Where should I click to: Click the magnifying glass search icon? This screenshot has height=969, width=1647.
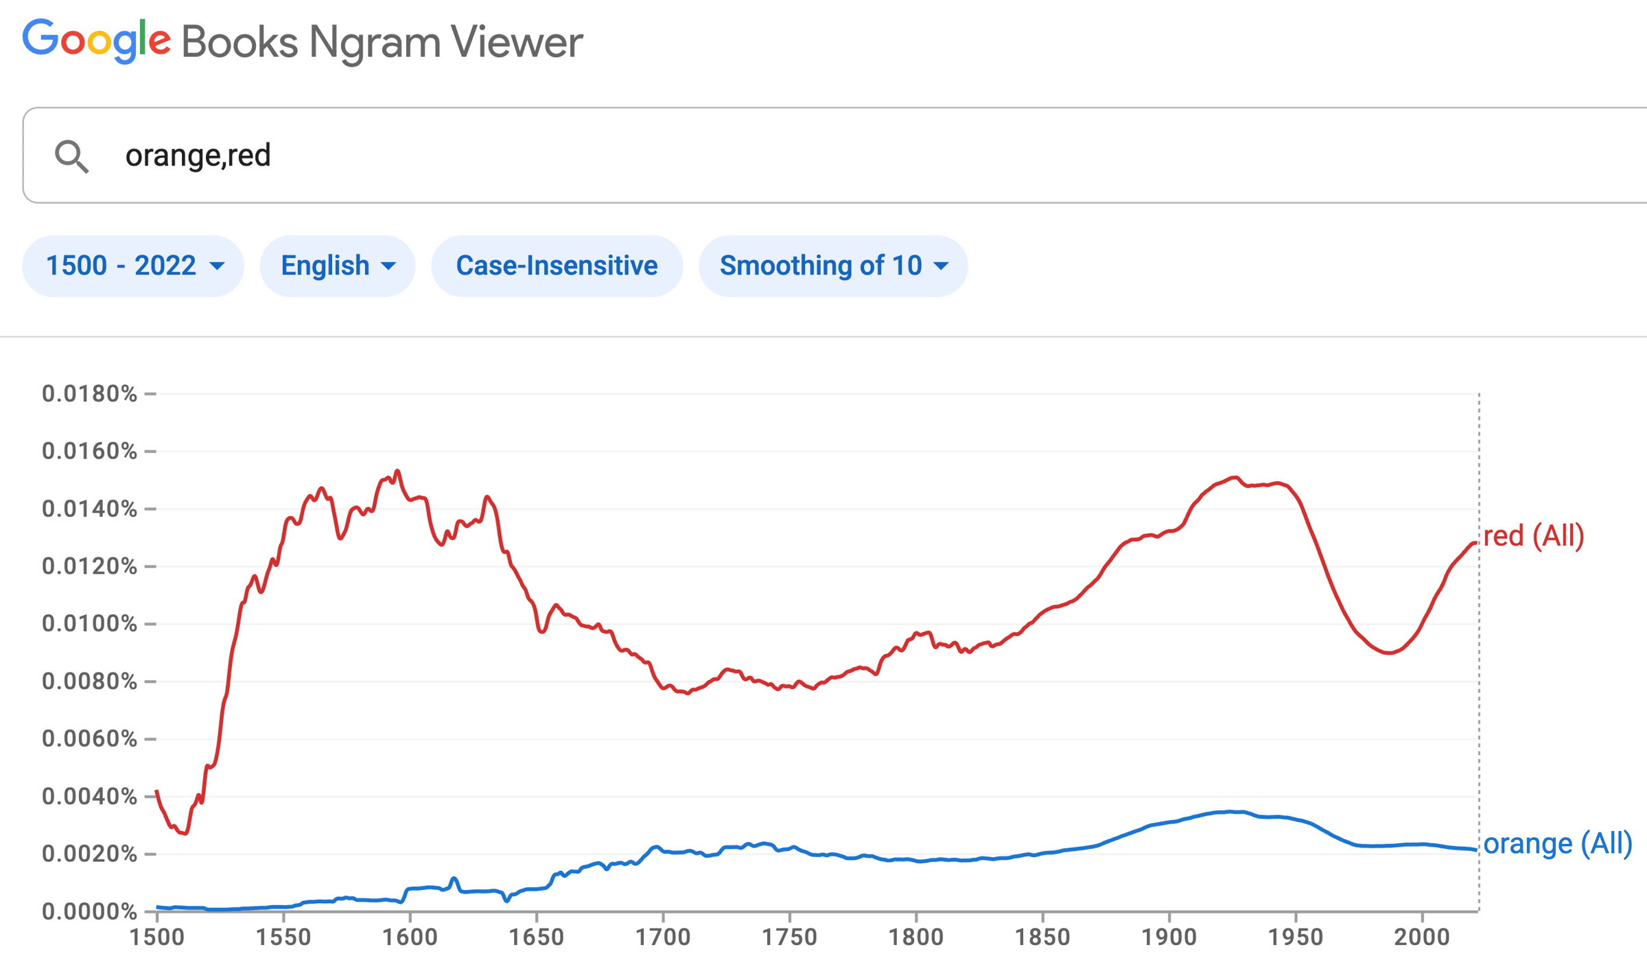coord(71,156)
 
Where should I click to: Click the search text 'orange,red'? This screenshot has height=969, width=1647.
coord(198,156)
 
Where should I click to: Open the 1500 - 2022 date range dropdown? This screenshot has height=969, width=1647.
coord(133,266)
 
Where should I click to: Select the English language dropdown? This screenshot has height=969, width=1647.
coord(337,266)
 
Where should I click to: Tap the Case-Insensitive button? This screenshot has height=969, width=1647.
coord(557,266)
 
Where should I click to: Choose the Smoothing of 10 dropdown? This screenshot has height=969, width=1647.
coord(832,266)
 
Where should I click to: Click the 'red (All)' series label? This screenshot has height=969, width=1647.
coord(1534,536)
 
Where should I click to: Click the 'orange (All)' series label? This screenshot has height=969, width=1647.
coord(1557,843)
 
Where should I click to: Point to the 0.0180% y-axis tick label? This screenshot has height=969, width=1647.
coord(89,394)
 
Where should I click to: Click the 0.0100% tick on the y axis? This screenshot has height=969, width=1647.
coord(89,624)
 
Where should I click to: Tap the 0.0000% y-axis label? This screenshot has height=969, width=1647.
coord(89,911)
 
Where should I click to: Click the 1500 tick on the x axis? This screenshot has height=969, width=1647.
coord(157,937)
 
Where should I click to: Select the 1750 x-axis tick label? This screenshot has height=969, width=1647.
coord(789,937)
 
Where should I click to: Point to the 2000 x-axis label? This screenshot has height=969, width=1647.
coord(1422,937)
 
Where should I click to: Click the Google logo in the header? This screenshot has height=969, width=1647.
coord(97,41)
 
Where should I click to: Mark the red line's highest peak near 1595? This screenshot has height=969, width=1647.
coord(397,471)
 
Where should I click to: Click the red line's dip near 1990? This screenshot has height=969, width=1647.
coord(1390,653)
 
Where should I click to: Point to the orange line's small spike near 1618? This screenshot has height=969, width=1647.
coord(454,878)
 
